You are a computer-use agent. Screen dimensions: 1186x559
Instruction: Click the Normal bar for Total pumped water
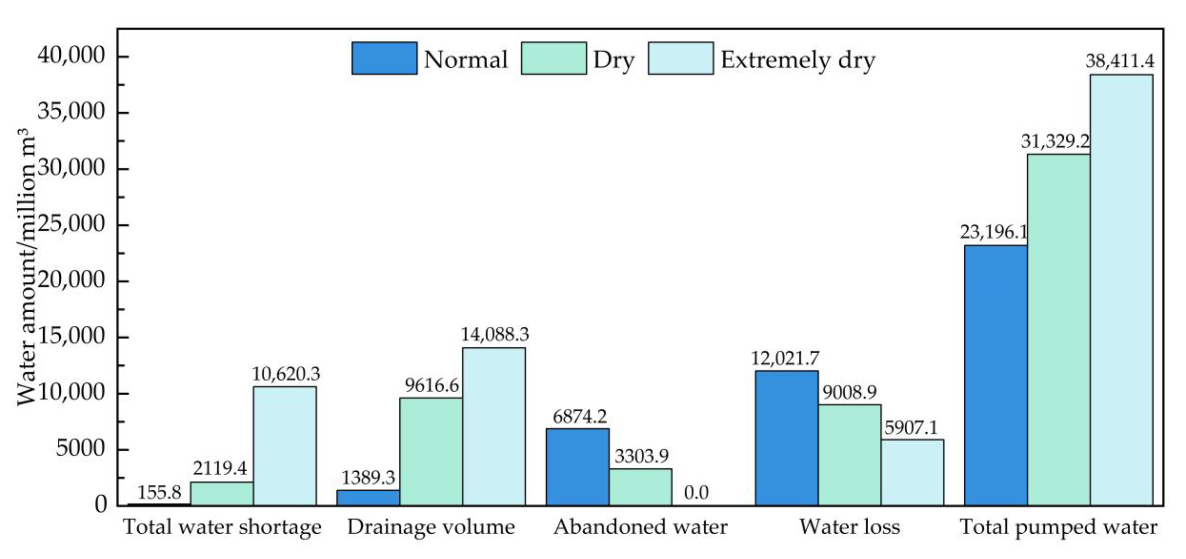tap(996, 375)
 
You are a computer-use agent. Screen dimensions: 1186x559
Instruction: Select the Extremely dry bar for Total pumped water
tap(1122, 290)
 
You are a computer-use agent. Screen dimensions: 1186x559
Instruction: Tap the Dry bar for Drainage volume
tap(431, 452)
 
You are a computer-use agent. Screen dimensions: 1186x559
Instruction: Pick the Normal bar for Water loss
tap(787, 438)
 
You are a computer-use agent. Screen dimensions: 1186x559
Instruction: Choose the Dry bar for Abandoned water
tap(640, 487)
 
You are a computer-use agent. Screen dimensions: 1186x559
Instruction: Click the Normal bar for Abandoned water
tap(578, 467)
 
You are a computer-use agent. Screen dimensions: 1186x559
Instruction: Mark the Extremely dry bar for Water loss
tap(912, 472)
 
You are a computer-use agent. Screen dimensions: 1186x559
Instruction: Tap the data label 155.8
tap(159, 493)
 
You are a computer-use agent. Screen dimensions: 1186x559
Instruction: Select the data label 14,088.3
tap(495, 334)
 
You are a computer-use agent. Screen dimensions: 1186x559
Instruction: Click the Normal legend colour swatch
tap(384, 58)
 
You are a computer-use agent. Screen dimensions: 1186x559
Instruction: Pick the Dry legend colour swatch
tap(554, 58)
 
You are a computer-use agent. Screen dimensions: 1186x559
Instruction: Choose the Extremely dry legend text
tap(798, 60)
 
